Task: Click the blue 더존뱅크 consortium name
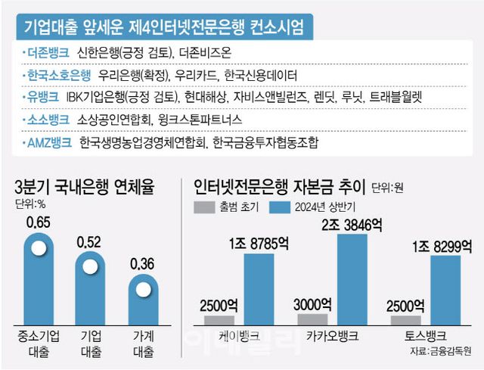coord(47,53)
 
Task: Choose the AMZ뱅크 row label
coord(49,141)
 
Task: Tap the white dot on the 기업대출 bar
coord(92,266)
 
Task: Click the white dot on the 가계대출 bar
coord(143,288)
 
